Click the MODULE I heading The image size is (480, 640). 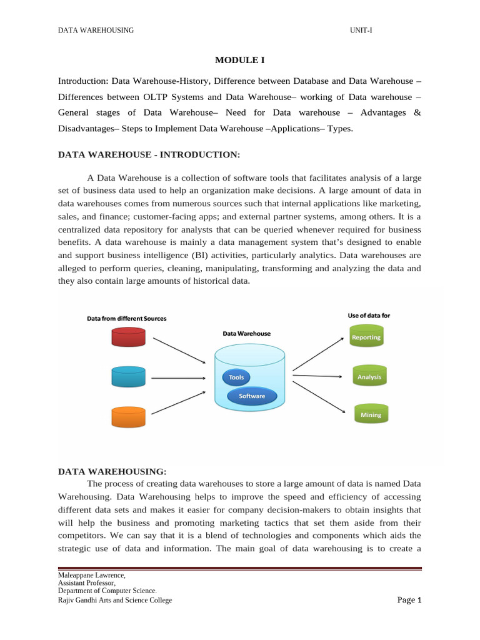[x=239, y=59]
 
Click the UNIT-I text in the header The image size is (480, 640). [x=362, y=31]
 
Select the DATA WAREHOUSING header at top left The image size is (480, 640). [x=96, y=31]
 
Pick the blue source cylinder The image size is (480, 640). [x=128, y=377]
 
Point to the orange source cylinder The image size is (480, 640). [x=128, y=417]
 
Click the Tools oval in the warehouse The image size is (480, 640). [x=236, y=377]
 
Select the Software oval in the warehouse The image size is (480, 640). [x=251, y=396]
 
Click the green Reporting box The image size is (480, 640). [x=366, y=337]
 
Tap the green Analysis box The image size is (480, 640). [x=369, y=377]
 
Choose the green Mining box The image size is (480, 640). [x=371, y=414]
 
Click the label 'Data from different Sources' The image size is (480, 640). [x=126, y=319]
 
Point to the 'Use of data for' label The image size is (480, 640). [x=369, y=316]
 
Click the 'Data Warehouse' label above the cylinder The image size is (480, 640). [x=247, y=334]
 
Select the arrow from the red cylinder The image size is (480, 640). [x=179, y=350]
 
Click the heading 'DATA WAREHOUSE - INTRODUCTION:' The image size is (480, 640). [x=149, y=154]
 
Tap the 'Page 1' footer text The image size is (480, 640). [x=410, y=600]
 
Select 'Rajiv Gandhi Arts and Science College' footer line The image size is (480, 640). [x=115, y=601]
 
